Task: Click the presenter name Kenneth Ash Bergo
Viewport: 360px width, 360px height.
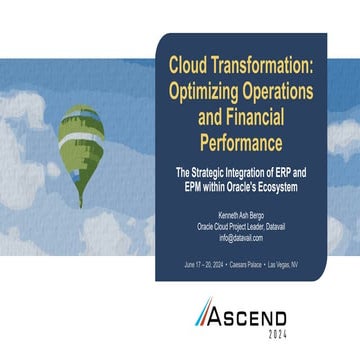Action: point(240,214)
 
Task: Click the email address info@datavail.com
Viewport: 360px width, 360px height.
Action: point(240,237)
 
